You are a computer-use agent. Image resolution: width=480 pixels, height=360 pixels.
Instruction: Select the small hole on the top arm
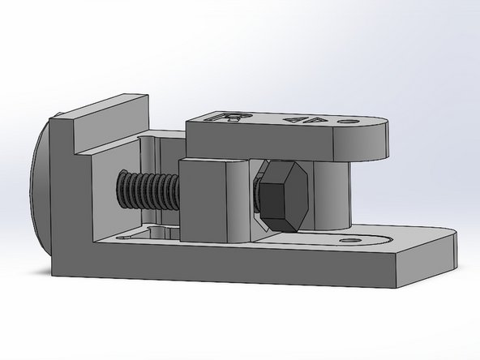pos(351,122)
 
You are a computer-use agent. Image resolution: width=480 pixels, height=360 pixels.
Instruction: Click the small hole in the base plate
pos(351,241)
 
